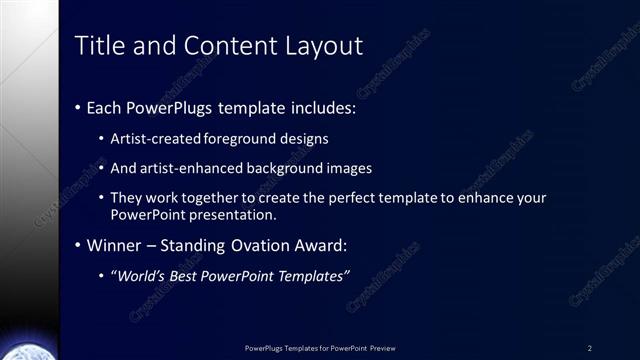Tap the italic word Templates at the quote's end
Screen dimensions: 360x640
313,276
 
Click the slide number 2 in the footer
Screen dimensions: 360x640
589,348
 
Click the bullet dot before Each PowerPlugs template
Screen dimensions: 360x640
79,107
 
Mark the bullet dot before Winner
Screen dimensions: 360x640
79,246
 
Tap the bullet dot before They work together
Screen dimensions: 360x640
102,199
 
